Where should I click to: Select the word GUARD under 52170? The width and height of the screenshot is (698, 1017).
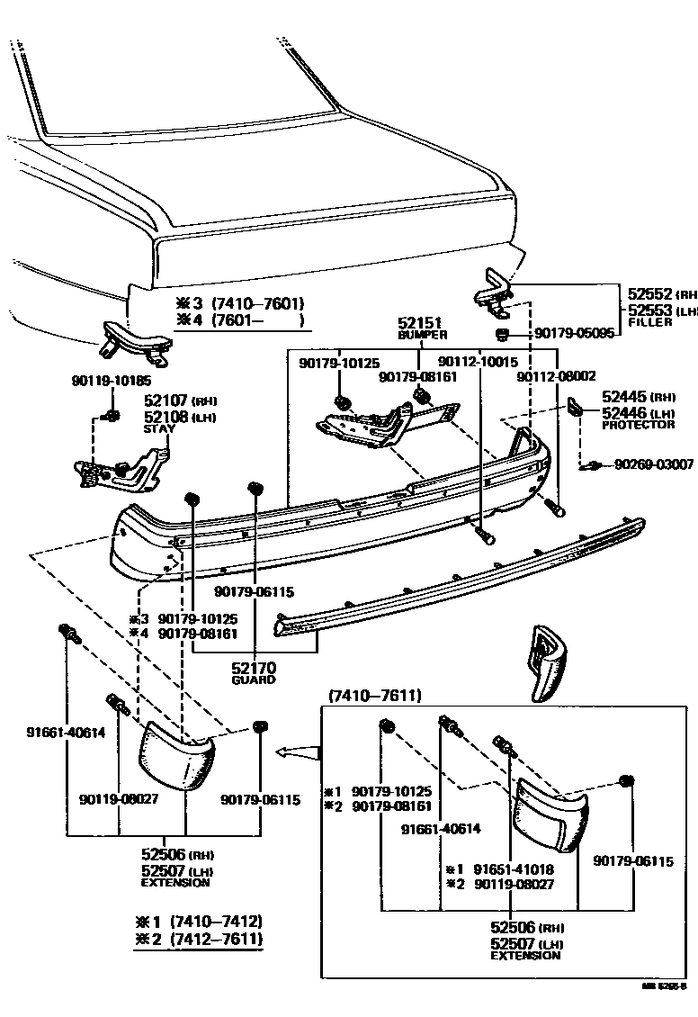point(253,680)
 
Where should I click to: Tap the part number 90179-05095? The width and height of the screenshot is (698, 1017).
point(574,333)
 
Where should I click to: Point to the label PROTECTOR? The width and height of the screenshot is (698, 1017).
point(638,425)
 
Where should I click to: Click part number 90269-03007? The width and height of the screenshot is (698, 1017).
point(653,464)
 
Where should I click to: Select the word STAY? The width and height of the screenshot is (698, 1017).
point(159,429)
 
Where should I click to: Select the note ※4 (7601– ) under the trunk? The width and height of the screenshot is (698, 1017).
point(238,319)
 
